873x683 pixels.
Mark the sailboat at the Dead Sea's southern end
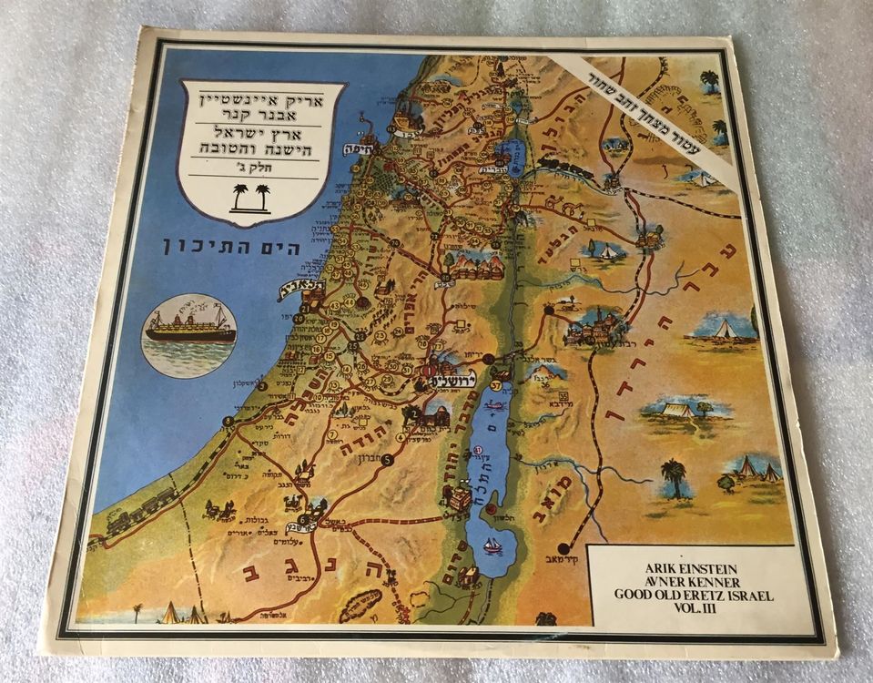(492, 545)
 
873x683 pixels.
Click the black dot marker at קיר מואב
(563, 547)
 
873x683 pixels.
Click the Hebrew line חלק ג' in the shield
(260, 168)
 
